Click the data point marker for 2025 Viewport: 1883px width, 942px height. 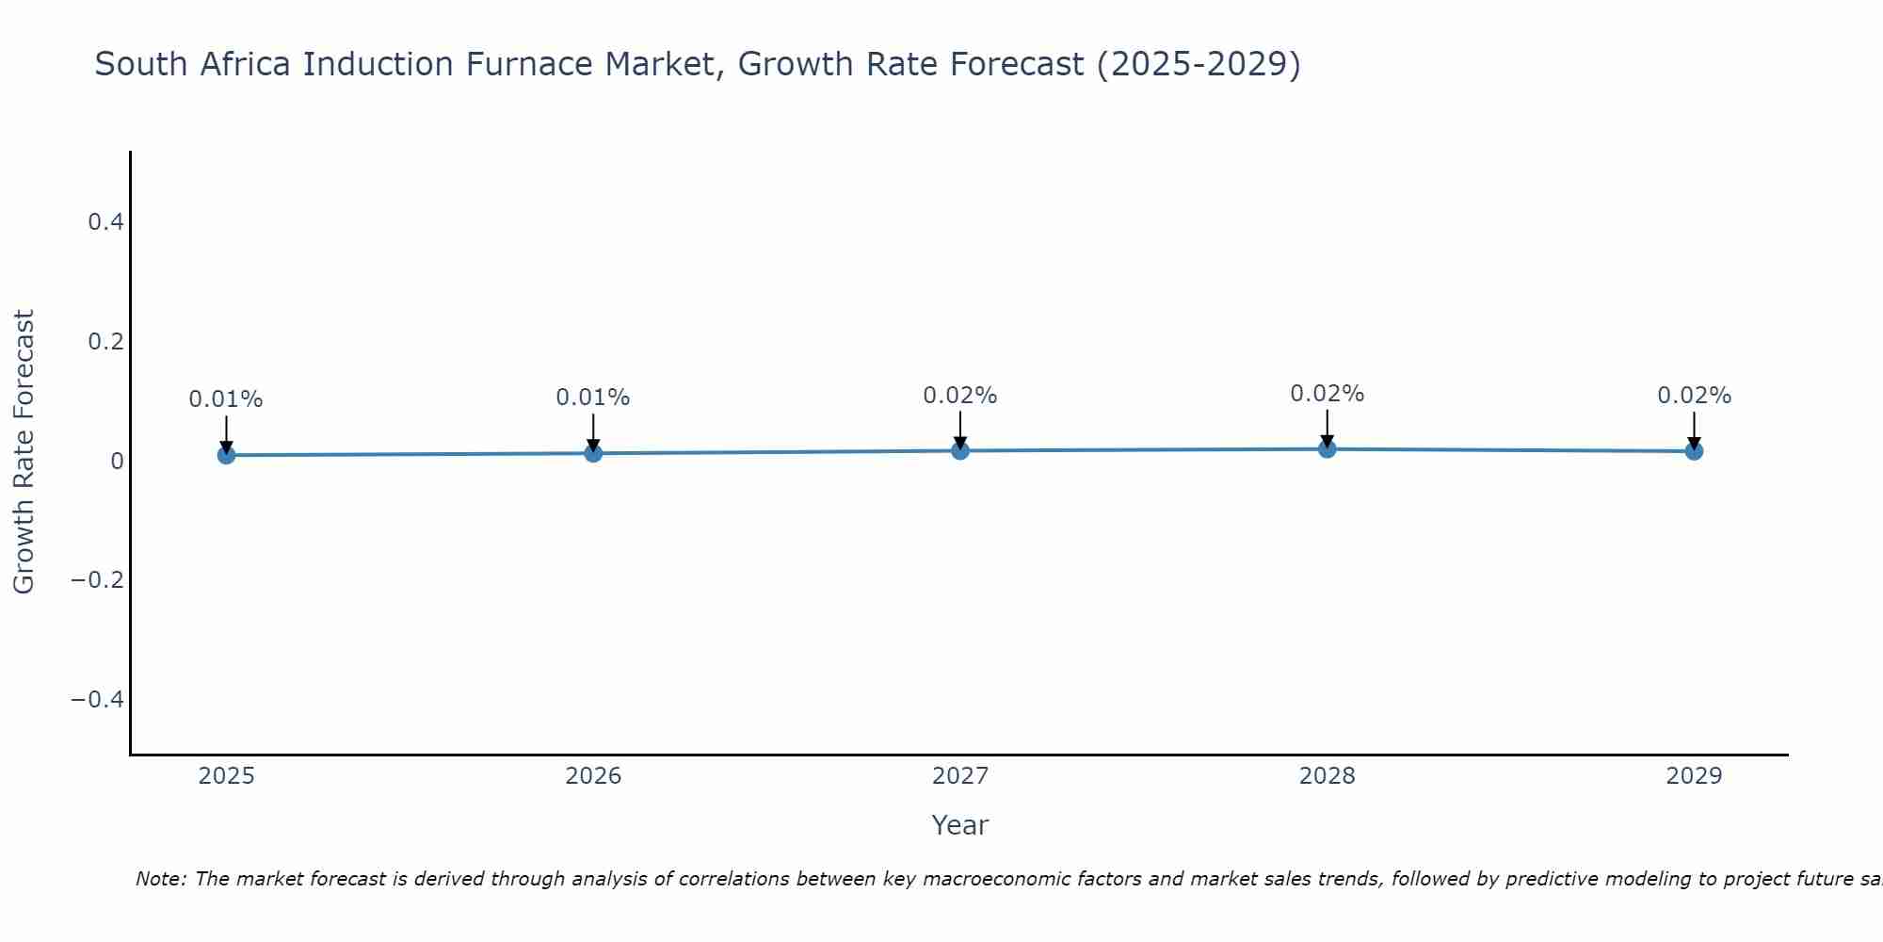(226, 455)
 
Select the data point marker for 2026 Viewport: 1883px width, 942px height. (593, 453)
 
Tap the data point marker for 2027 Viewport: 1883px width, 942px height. (960, 450)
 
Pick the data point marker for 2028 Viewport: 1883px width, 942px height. (1328, 448)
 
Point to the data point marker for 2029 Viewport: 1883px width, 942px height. (1694, 450)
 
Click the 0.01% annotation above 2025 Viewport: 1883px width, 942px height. (226, 399)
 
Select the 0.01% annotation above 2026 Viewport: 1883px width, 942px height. (593, 398)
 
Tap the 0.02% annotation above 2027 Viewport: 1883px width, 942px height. (960, 396)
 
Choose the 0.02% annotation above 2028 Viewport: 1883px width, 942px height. (1328, 394)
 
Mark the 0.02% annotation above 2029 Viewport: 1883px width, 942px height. (1694, 396)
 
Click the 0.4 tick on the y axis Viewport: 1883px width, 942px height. (105, 222)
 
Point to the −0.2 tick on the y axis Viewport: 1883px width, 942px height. (97, 579)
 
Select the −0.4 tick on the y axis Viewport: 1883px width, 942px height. (97, 699)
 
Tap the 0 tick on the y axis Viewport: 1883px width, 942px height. (117, 461)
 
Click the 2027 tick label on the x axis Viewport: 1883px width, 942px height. (960, 776)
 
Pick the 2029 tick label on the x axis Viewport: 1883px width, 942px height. (1694, 776)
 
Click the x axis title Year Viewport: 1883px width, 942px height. (960, 825)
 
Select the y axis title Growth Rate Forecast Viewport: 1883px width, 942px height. (24, 452)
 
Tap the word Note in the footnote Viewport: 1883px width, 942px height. (160, 879)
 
